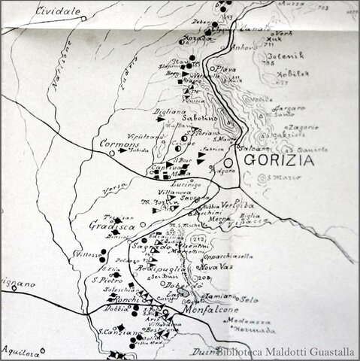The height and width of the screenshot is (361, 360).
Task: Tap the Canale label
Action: coord(255,32)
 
